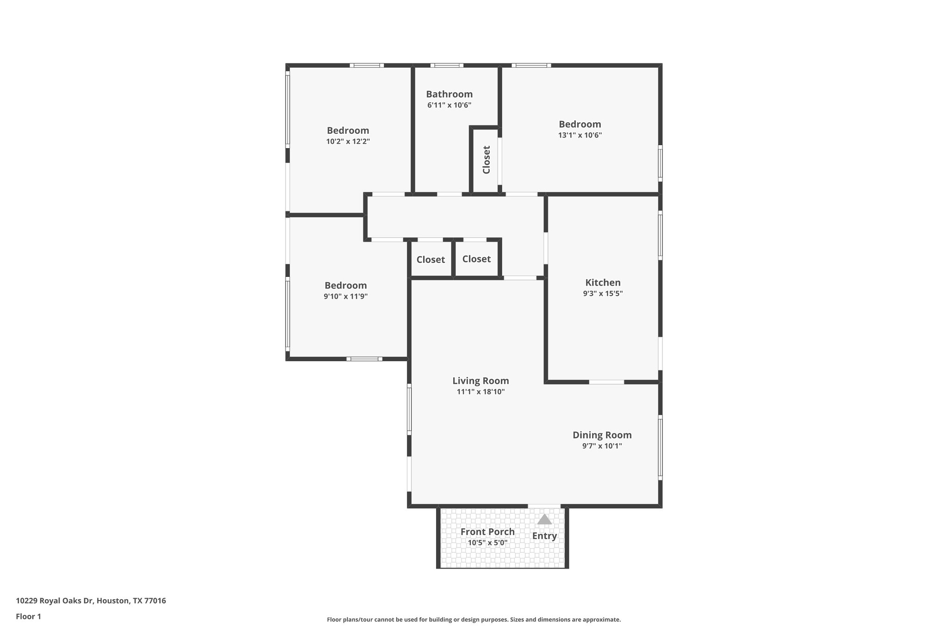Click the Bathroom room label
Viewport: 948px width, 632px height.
coord(449,94)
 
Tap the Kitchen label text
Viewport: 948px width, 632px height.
coord(603,282)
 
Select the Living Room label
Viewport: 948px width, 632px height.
coord(480,381)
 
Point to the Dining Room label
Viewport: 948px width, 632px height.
coord(602,435)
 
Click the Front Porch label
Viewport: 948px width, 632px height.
coord(487,532)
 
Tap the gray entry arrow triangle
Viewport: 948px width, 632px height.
coord(544,519)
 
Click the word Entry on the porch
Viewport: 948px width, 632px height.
coord(544,536)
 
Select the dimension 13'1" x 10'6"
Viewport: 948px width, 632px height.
coord(580,135)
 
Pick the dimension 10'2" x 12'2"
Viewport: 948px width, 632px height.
coord(348,142)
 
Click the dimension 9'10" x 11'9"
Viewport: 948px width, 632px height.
coord(345,296)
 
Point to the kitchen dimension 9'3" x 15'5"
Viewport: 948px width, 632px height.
coord(603,294)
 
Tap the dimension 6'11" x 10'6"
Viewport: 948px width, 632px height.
coord(449,105)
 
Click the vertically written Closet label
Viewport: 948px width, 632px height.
coord(486,160)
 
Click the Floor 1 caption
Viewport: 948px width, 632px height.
coord(28,616)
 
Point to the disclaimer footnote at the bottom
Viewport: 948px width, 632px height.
coord(474,619)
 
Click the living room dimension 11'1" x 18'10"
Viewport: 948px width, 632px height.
coord(480,392)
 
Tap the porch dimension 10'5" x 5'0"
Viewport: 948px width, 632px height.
coord(487,543)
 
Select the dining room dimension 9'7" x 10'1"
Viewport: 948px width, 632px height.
coord(602,446)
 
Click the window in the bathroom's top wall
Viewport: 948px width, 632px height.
coord(447,65)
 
